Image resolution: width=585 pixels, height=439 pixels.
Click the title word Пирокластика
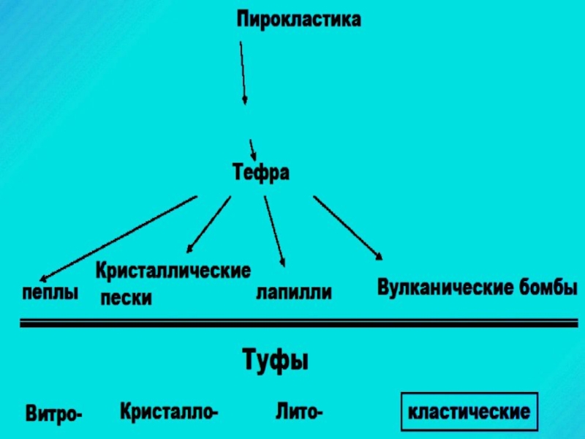pos(298,20)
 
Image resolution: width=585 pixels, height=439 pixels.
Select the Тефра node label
pos(261,173)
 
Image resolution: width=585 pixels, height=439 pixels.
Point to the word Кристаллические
pos(173,272)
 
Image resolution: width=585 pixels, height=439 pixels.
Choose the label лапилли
pos(293,293)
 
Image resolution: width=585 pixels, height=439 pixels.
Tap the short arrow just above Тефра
pos(252,149)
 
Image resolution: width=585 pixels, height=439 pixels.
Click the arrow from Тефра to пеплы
pos(117,239)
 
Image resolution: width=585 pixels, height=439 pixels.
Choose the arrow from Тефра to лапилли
pos(274,228)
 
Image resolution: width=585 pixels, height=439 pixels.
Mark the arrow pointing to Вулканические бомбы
pos(347,227)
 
